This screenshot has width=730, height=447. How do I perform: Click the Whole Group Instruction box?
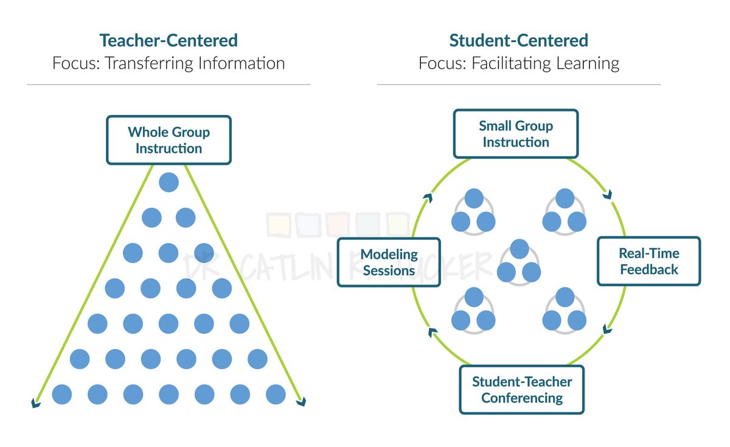(169, 140)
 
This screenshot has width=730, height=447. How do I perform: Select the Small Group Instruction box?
(516, 134)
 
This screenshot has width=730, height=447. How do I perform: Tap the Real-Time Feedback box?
(648, 261)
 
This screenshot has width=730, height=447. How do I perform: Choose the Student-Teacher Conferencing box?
(522, 390)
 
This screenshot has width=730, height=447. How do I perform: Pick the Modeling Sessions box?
(389, 262)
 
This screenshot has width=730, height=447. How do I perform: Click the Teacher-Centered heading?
(169, 41)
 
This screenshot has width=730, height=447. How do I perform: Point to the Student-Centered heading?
(518, 41)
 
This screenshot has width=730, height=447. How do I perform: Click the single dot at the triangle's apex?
(169, 182)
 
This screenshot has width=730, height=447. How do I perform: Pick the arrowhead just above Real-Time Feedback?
(607, 195)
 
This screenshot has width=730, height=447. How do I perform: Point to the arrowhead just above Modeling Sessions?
(428, 197)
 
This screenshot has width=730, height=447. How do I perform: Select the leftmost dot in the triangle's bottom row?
(62, 394)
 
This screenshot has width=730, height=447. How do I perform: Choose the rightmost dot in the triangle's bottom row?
(276, 394)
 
